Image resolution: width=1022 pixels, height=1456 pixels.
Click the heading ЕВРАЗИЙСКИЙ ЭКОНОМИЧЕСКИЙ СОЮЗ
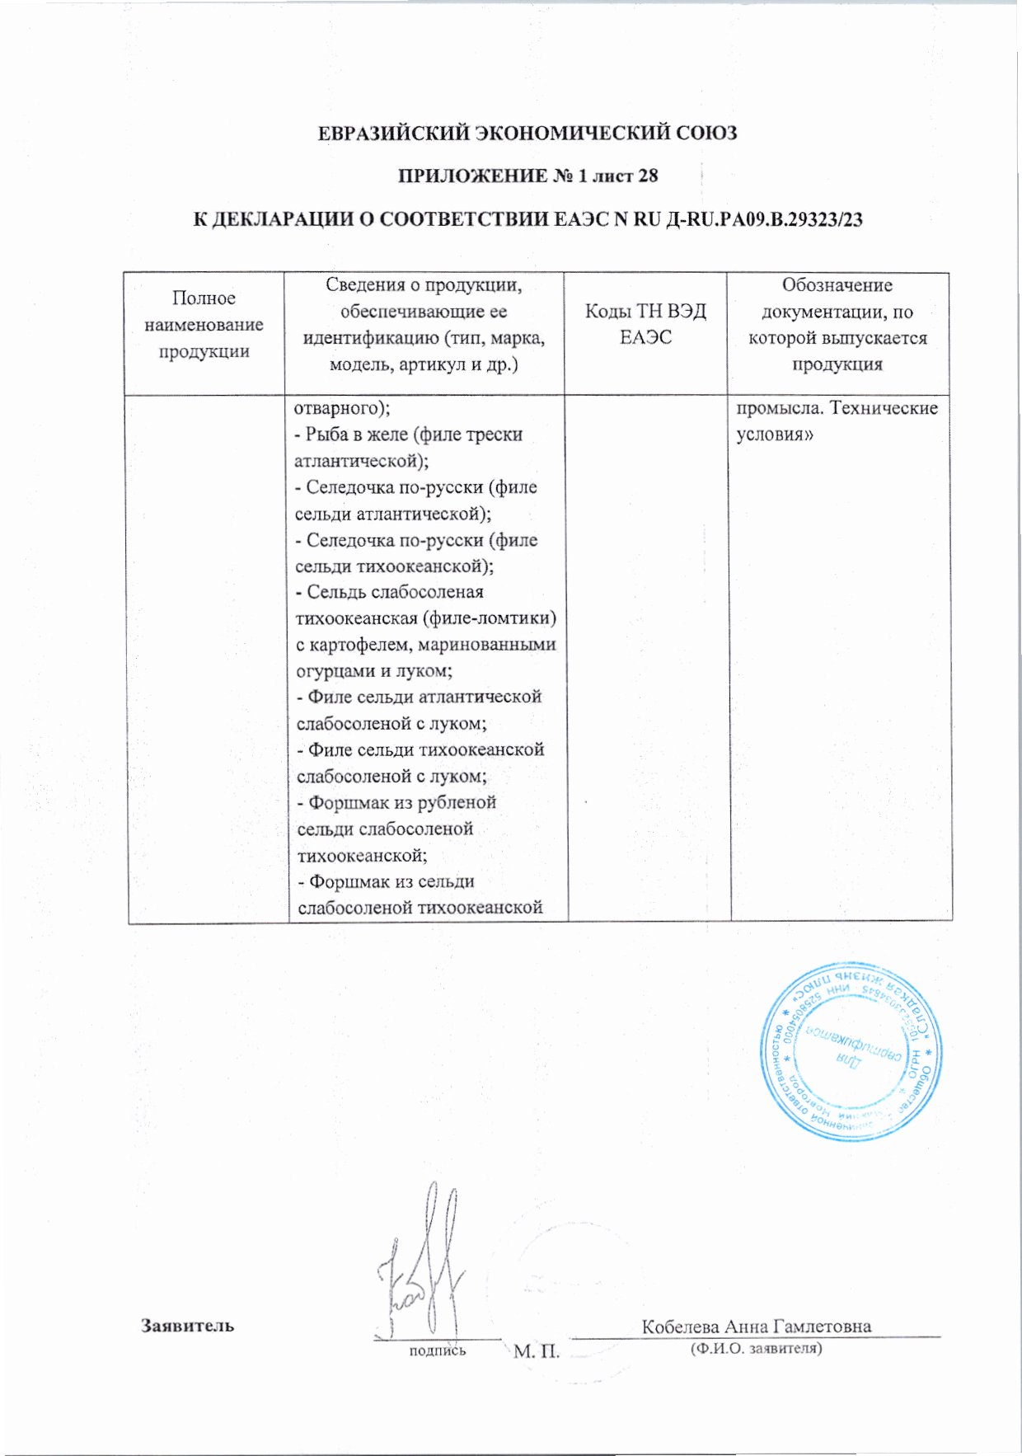point(527,133)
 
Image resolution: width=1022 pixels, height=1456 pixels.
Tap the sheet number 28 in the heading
point(649,176)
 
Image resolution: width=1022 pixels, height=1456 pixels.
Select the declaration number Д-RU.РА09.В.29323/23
point(762,219)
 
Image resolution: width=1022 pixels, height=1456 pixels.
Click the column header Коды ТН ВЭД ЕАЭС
point(645,324)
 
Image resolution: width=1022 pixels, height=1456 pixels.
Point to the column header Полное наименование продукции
point(204,324)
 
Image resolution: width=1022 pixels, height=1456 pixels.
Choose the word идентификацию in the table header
point(377,338)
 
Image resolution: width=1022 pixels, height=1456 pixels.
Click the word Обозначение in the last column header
point(837,285)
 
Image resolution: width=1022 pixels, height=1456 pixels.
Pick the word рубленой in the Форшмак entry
point(457,802)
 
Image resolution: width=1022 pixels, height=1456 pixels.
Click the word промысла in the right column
point(779,408)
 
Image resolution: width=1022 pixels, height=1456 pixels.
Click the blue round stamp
point(850,1051)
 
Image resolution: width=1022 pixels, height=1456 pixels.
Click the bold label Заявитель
point(187,1326)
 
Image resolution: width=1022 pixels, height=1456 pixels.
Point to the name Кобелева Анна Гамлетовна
point(756,1326)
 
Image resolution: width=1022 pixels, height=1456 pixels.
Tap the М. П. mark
point(537,1351)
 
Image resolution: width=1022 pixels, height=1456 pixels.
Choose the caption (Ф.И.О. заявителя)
point(756,1349)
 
